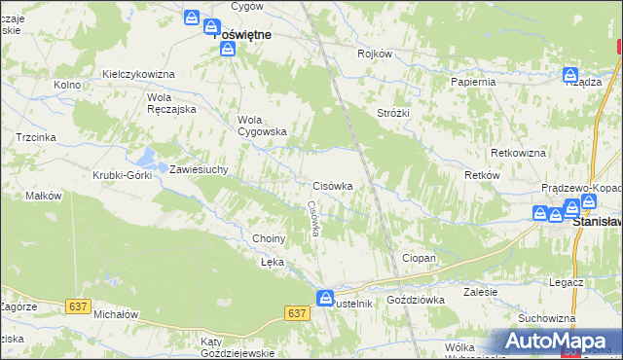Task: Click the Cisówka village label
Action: [x=339, y=185]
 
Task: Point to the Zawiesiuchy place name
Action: [x=199, y=169]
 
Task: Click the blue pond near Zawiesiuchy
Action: [x=150, y=156]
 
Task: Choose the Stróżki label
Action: [x=393, y=113]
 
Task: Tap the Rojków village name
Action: [x=375, y=54]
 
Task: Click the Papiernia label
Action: [x=473, y=82]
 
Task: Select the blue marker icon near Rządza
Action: [x=570, y=73]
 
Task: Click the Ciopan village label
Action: [x=419, y=258]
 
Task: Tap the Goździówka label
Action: [x=416, y=300]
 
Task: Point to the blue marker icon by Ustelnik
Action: [x=326, y=297]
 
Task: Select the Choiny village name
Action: [x=269, y=238]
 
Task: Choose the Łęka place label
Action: [x=272, y=263]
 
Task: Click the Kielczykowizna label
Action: [x=138, y=75]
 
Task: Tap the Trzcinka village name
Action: [x=35, y=138]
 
